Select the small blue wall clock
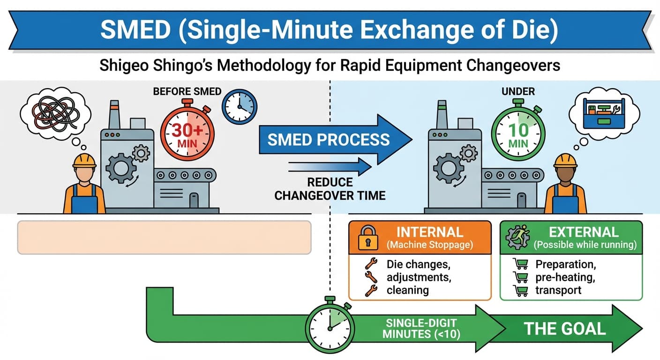239,107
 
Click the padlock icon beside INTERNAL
367,238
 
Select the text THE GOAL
564,328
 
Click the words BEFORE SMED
187,91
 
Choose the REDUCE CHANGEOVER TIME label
330,189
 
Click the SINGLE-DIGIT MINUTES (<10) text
421,329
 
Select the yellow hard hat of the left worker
84,160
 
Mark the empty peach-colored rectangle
164,237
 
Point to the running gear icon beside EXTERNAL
517,238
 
